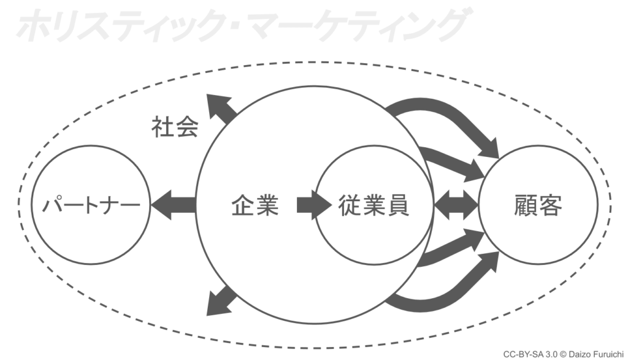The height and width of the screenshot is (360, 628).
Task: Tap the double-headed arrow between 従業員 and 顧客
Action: [x=456, y=205]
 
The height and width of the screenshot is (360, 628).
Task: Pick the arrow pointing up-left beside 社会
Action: [x=220, y=109]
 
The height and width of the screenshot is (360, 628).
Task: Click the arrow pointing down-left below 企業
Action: [x=220, y=302]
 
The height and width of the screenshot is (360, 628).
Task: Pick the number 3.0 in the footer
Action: [x=547, y=354]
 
